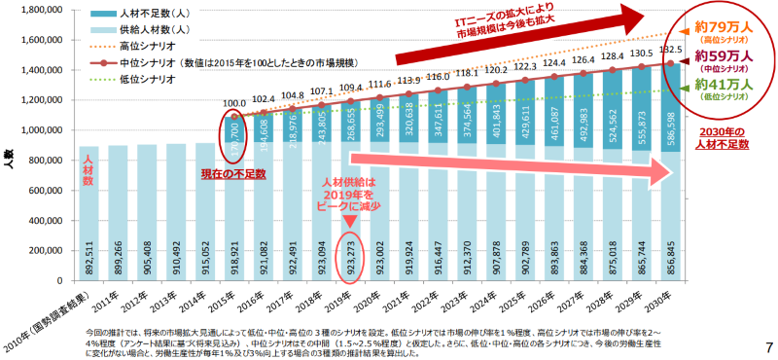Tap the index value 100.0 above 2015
(x=234, y=102)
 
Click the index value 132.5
(x=669, y=50)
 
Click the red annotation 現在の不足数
(x=231, y=172)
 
